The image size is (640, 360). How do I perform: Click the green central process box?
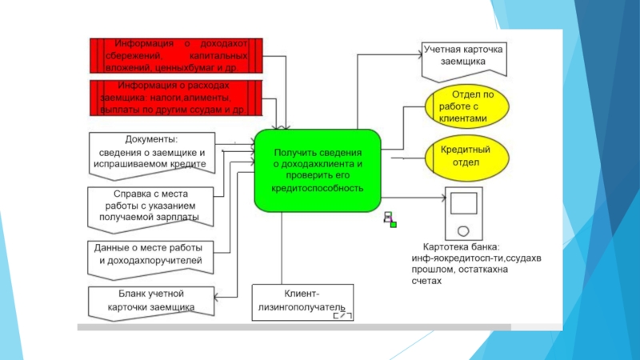(x=318, y=169)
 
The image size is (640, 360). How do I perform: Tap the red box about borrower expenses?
(x=175, y=98)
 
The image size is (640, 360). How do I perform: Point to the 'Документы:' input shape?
(x=152, y=152)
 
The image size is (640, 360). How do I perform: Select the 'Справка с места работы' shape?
(x=151, y=204)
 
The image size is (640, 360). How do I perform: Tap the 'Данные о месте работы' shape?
(x=151, y=254)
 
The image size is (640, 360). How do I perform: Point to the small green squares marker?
(x=390, y=219)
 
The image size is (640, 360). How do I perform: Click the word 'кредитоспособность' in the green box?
(x=317, y=188)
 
